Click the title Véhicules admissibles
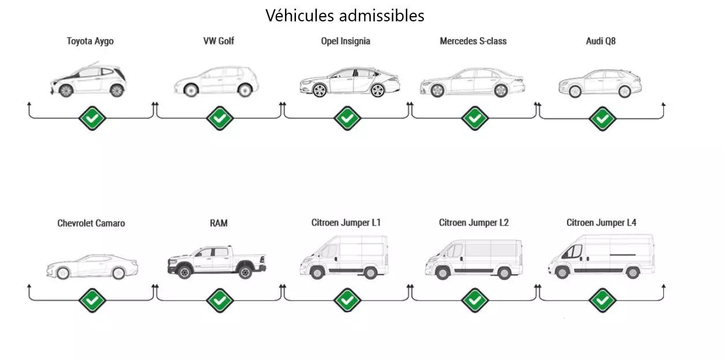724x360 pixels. point(344,16)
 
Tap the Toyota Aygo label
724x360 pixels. point(90,41)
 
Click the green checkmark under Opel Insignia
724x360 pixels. point(347,118)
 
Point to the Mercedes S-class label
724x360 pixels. point(473,41)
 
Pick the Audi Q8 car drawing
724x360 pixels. point(600,83)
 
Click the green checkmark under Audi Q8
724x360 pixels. point(602,118)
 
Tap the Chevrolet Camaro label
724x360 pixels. point(91,223)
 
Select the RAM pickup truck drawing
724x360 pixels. point(217,262)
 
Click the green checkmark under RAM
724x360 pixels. point(220,300)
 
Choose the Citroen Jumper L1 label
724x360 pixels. point(346,223)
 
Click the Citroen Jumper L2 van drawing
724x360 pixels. point(473,259)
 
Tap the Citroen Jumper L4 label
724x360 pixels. point(601,223)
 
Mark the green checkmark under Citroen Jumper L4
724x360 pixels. point(602,300)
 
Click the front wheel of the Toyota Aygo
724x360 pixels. point(66,91)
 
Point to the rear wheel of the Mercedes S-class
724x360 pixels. point(500,91)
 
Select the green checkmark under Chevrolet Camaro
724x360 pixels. point(92,300)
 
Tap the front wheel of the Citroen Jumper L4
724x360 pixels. point(562,273)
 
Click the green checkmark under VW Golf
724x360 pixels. point(220,118)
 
